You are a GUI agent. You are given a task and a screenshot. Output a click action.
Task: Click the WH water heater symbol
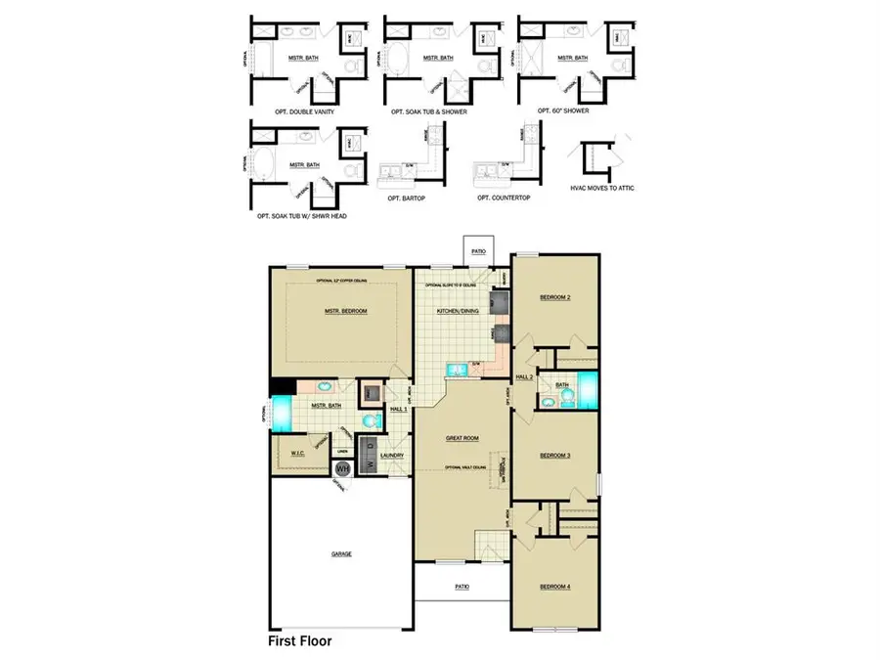[x=342, y=469]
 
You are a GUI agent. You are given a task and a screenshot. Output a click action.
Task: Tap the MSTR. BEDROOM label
[x=345, y=311]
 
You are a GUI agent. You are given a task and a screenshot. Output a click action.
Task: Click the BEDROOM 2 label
[x=554, y=296]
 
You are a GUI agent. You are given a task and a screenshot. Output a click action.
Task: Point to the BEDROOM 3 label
[x=554, y=456]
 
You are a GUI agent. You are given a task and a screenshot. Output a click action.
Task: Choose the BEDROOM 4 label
[x=554, y=587]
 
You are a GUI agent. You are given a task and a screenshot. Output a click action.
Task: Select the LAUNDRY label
[x=392, y=455]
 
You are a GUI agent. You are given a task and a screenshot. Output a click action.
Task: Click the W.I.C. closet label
[x=299, y=454]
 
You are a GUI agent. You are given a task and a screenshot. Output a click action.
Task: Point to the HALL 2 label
[x=524, y=375]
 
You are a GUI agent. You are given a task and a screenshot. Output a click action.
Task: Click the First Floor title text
[x=300, y=642]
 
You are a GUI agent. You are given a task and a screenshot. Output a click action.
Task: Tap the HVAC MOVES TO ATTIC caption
[x=602, y=187]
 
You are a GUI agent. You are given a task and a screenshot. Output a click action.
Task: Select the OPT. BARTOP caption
[x=409, y=198]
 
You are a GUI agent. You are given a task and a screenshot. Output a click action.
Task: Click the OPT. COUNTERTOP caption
[x=505, y=198]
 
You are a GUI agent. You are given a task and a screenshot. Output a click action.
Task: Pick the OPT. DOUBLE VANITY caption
[x=292, y=111]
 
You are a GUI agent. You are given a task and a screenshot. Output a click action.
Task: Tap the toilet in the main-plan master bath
[x=370, y=420]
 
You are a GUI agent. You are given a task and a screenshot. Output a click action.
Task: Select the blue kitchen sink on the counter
[x=457, y=370]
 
